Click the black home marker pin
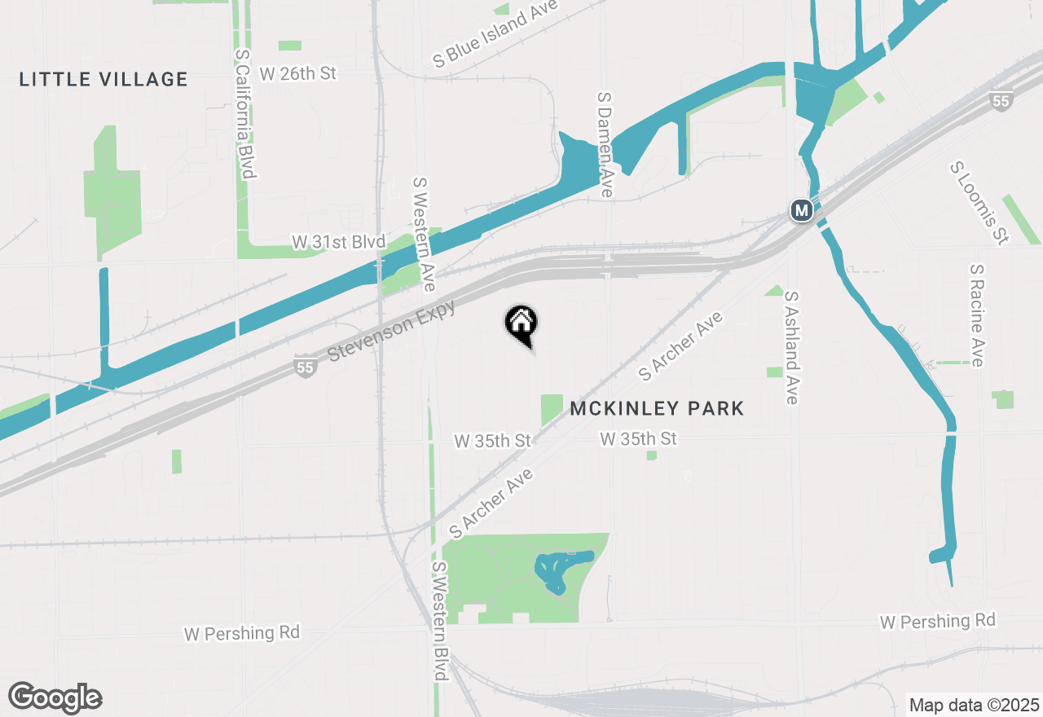tap(521, 323)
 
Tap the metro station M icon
tap(802, 210)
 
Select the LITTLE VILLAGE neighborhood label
tap(103, 79)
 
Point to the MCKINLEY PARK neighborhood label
tap(657, 408)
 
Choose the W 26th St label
tap(297, 73)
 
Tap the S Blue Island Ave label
tap(495, 33)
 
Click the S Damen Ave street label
tap(605, 144)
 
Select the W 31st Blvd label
tap(338, 243)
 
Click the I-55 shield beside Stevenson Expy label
tap(305, 368)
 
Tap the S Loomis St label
tap(979, 202)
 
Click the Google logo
tap(55, 698)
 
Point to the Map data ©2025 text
tap(974, 705)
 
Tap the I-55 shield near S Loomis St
tap(1001, 100)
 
